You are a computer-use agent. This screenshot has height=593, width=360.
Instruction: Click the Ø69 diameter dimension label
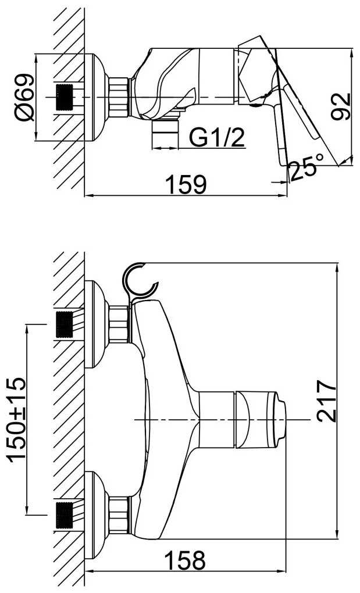[25, 97]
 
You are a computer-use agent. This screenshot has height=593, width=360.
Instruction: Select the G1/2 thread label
[217, 138]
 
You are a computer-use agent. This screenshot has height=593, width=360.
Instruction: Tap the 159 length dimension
[187, 184]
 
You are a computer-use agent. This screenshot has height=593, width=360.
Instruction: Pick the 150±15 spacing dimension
[17, 419]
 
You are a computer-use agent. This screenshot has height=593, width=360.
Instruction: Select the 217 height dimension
[326, 401]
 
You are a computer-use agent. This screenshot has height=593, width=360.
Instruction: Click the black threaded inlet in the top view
[65, 97]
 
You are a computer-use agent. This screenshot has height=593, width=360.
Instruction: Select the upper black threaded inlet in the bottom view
[65, 324]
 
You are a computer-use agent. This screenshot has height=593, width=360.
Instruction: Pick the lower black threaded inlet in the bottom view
[65, 516]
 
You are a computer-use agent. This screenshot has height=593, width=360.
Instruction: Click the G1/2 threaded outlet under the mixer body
[165, 135]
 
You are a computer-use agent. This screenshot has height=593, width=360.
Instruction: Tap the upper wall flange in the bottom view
[97, 324]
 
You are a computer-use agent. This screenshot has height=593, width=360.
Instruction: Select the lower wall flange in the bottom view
[97, 516]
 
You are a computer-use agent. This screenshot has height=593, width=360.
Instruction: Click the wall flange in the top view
[97, 97]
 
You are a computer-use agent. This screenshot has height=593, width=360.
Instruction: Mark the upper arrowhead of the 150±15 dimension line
[27, 330]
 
